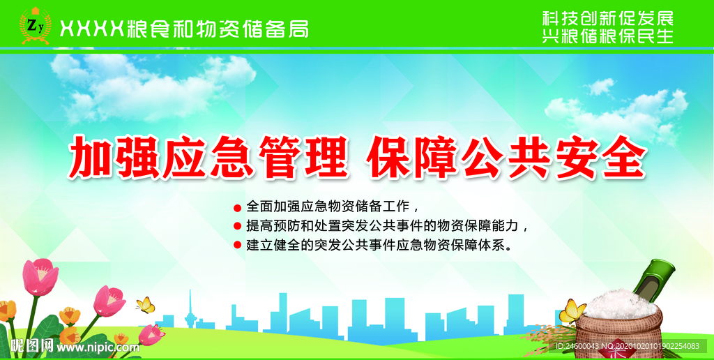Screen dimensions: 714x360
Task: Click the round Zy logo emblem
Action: click(x=35, y=26)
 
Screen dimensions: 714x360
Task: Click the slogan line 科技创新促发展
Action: click(x=607, y=19)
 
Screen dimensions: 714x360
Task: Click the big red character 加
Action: click(x=89, y=157)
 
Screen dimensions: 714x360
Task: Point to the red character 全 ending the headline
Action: click(x=623, y=156)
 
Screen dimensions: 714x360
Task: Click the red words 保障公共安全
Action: click(x=508, y=156)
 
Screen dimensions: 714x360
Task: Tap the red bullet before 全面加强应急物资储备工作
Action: click(x=237, y=208)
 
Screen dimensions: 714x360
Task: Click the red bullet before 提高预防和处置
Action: click(x=237, y=225)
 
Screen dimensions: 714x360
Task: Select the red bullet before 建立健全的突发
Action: click(x=237, y=245)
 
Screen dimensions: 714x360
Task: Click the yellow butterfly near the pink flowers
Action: click(x=146, y=305)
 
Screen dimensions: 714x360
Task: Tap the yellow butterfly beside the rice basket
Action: click(x=572, y=311)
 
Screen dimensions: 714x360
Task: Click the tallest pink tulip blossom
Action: click(x=40, y=276)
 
